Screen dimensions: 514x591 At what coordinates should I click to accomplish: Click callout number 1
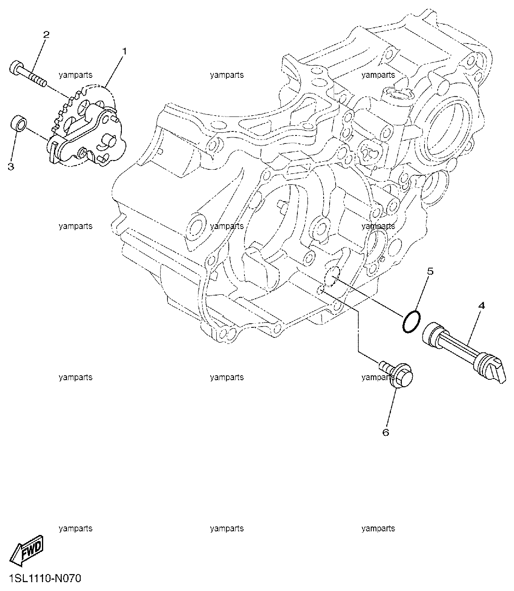(124, 52)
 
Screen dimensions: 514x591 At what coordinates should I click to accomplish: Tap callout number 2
(46, 35)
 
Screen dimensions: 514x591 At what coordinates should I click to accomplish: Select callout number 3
(11, 166)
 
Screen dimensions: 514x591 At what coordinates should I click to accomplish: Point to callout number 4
(481, 305)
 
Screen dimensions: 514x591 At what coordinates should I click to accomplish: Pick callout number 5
(430, 271)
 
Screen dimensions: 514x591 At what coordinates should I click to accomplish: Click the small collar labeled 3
(19, 123)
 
